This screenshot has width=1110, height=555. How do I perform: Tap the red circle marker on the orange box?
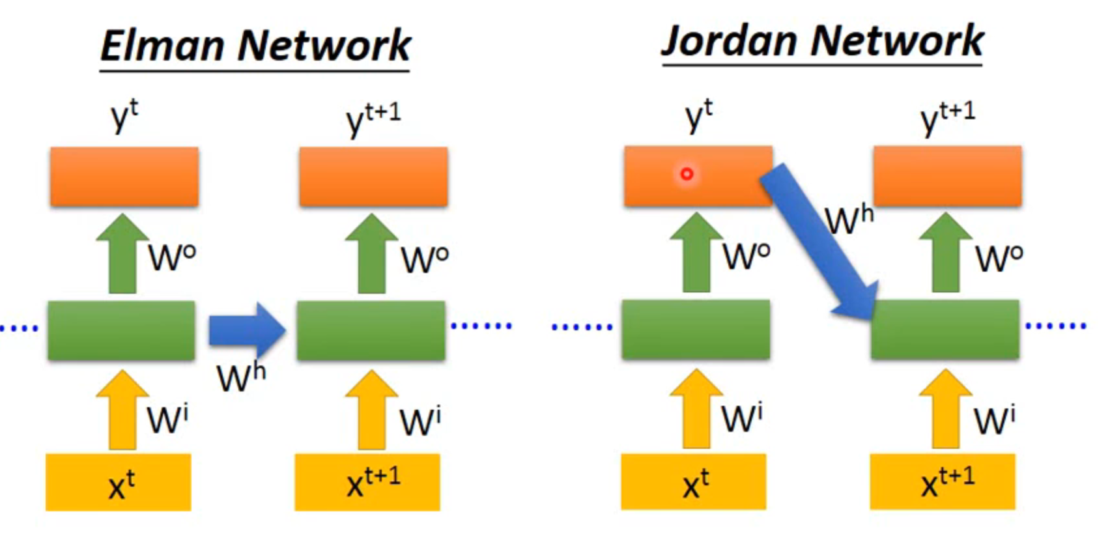(x=687, y=174)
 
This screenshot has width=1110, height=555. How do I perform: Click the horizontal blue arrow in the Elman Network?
(x=246, y=330)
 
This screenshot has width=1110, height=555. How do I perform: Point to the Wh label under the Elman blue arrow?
(x=241, y=377)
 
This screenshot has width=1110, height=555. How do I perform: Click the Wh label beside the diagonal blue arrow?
(x=849, y=220)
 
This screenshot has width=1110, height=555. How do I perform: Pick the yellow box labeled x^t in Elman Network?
(x=119, y=483)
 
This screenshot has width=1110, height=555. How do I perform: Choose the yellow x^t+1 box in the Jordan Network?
(x=943, y=481)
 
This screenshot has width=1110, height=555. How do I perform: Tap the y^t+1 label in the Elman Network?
(x=373, y=119)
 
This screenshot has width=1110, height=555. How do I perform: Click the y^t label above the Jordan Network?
(x=698, y=115)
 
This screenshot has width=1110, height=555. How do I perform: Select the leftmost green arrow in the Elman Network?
(x=122, y=254)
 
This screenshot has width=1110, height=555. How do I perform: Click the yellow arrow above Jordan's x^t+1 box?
(x=945, y=409)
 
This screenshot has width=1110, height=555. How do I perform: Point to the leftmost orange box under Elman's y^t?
(x=124, y=177)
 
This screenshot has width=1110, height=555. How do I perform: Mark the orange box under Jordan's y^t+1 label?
(x=947, y=176)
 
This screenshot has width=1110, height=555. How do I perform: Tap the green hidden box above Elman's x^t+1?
(x=371, y=330)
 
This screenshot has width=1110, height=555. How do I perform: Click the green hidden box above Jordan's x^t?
(x=696, y=329)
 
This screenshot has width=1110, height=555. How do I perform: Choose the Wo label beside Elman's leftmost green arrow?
(x=172, y=257)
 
